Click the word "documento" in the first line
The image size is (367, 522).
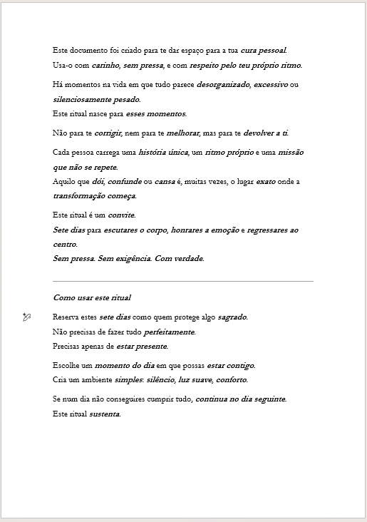pyautogui.click(x=84, y=51)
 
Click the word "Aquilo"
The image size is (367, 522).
pyautogui.click(x=64, y=182)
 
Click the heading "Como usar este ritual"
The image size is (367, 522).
pyautogui.click(x=92, y=297)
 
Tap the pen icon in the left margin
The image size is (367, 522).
pyautogui.click(x=27, y=317)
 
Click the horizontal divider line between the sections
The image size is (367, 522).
pyautogui.click(x=183, y=281)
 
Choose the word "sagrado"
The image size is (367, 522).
pyautogui.click(x=232, y=317)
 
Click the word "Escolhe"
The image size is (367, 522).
pyautogui.click(x=66, y=365)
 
